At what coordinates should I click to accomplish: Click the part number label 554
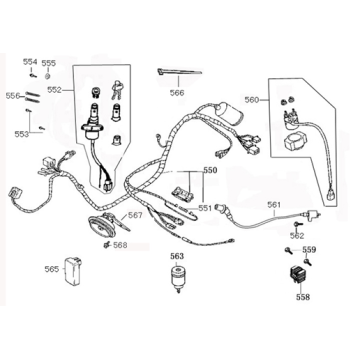click(29, 62)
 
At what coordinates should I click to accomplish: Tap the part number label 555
click(49, 62)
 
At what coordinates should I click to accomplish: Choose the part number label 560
click(251, 100)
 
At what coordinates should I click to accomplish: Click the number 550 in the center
click(209, 171)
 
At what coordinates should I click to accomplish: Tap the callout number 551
click(204, 208)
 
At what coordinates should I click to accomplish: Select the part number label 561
click(274, 205)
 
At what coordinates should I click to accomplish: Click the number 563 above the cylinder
click(176, 256)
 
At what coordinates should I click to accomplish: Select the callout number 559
click(310, 249)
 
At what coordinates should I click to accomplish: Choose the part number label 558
click(304, 297)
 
